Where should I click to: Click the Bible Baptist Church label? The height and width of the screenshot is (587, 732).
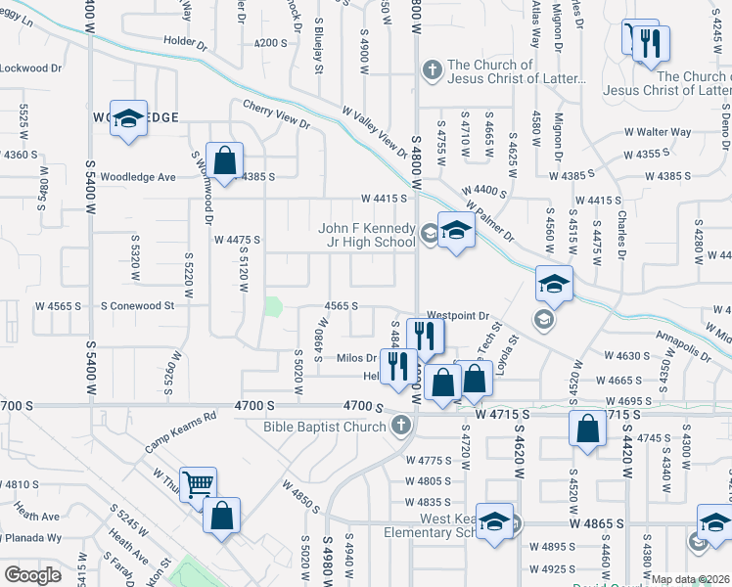pyautogui.click(x=323, y=426)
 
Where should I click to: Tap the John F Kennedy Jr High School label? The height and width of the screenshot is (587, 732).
pyautogui.click(x=367, y=236)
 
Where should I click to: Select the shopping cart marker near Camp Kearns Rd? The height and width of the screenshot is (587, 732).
pyautogui.click(x=199, y=482)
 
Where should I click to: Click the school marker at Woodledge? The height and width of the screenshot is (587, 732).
pyautogui.click(x=128, y=118)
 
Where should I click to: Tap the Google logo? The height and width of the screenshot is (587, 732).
pyautogui.click(x=32, y=575)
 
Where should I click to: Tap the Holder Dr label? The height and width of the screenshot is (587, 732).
pyautogui.click(x=186, y=44)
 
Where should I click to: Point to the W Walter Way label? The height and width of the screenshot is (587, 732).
pyautogui.click(x=658, y=132)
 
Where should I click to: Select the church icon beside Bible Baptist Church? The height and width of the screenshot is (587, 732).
pyautogui.click(x=400, y=426)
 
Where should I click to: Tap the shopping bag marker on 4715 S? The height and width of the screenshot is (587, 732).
pyautogui.click(x=586, y=428)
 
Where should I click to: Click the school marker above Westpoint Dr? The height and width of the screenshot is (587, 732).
pyautogui.click(x=554, y=284)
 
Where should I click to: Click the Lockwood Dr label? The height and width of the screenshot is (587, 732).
pyautogui.click(x=30, y=68)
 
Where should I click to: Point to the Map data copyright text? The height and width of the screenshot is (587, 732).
pyautogui.click(x=691, y=579)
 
